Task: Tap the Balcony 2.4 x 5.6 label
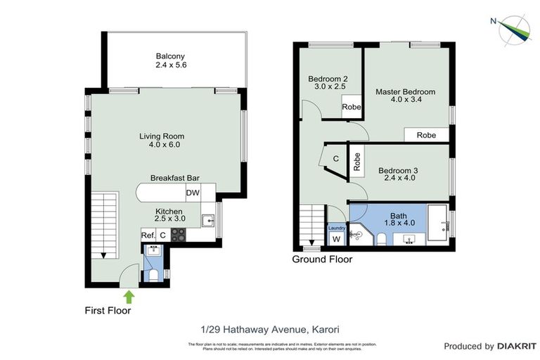click(172, 60)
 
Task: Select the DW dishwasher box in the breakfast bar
click(193, 193)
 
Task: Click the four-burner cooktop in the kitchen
click(178, 235)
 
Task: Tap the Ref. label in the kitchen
click(148, 236)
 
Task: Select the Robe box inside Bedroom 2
click(351, 108)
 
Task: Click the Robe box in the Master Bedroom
click(426, 135)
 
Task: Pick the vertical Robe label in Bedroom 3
click(357, 163)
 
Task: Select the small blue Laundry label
click(336, 228)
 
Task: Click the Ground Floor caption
click(322, 259)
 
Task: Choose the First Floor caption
click(108, 309)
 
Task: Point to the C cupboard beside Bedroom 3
click(335, 159)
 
